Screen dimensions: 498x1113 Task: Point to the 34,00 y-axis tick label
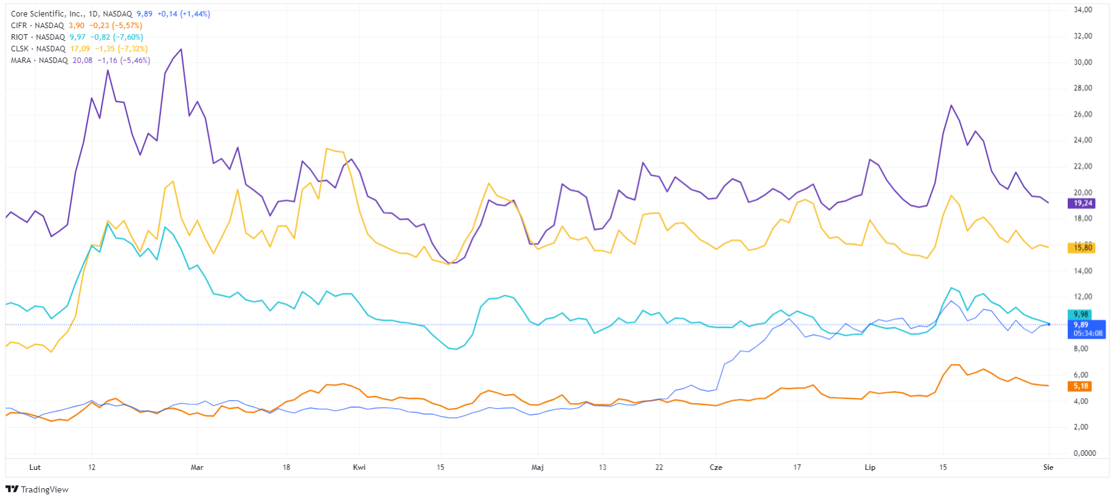1082,10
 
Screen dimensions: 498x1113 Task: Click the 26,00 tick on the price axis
1082,114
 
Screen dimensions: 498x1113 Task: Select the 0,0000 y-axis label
1084,453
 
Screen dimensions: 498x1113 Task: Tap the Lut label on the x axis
35,467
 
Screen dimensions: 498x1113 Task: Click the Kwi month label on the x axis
359,467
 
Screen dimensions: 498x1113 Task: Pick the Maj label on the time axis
538,467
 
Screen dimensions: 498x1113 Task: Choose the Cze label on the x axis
716,467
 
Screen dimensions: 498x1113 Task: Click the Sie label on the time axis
1048,467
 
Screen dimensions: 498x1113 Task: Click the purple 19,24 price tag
1082,203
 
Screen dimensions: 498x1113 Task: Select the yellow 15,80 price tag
1082,248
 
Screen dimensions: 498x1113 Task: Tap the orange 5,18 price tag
1081,386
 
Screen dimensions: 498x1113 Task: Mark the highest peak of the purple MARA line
181,50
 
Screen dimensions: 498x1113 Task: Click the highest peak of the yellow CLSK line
327,149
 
